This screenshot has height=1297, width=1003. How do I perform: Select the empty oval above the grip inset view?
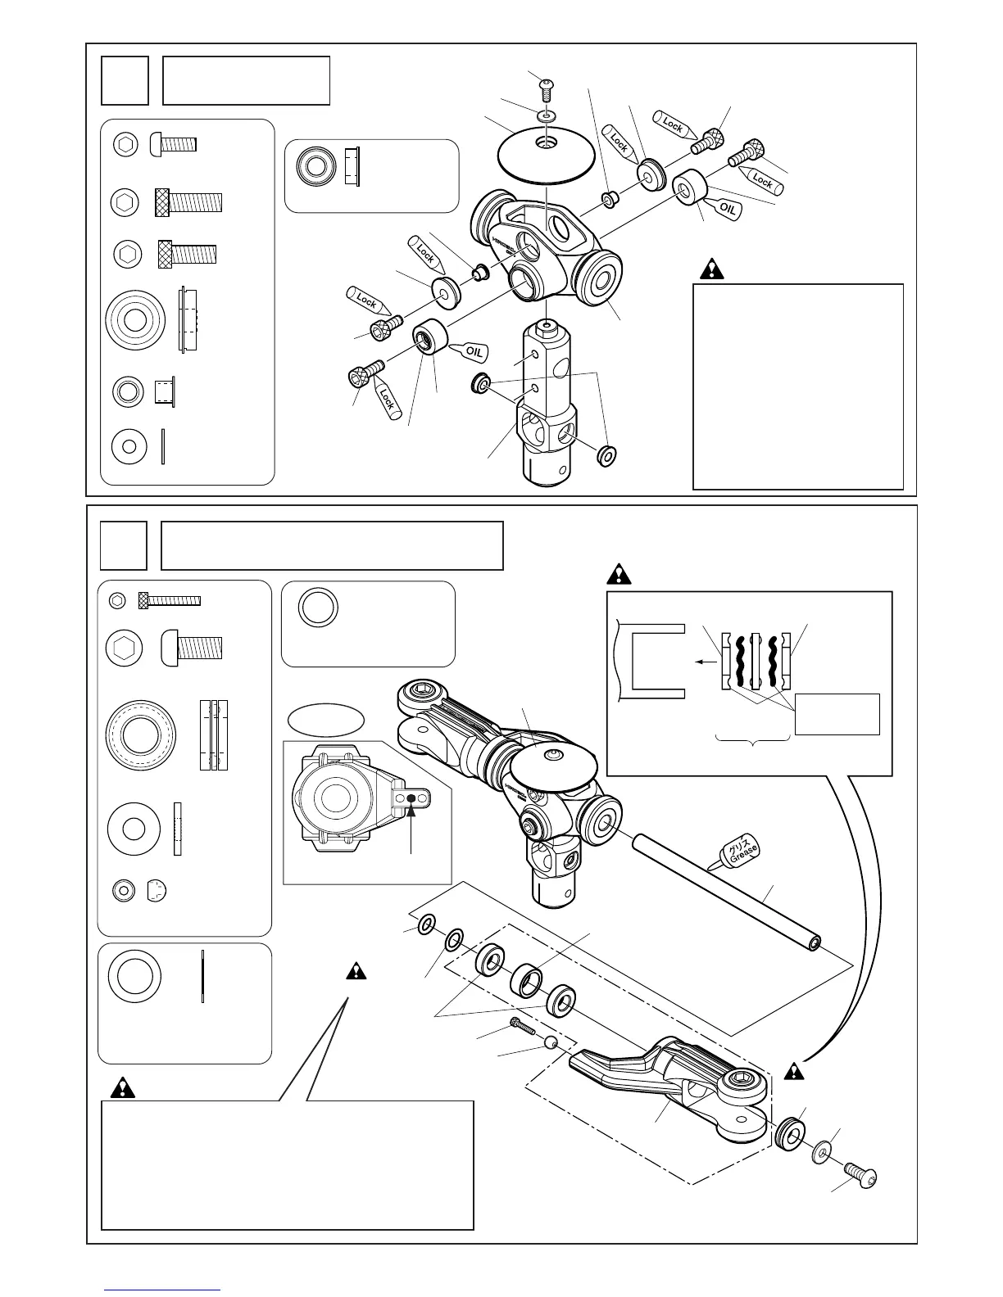point(326,721)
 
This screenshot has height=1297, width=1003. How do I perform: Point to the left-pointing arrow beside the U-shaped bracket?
point(703,664)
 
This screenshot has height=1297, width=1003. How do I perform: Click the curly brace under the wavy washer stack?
point(753,739)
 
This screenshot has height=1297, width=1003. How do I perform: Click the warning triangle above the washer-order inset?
point(619,574)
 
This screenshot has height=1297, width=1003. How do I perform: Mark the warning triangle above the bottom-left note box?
point(122,1087)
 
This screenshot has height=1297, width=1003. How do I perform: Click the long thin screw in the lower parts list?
point(170,600)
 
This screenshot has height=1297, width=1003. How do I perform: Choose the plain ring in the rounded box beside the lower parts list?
point(318,608)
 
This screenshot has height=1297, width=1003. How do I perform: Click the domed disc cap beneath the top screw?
point(545,156)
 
